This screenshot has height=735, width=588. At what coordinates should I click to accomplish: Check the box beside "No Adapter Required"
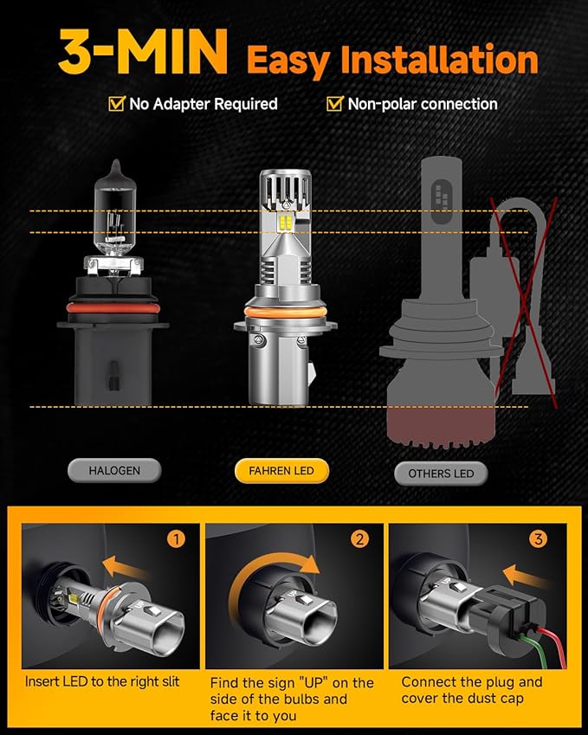point(116,104)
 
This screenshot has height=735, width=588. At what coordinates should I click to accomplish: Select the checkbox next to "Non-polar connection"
point(335,104)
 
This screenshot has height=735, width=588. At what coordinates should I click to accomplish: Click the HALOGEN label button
point(113,471)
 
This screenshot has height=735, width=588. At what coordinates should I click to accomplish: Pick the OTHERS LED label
point(441,473)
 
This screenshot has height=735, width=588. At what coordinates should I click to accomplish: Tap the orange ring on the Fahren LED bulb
point(281,311)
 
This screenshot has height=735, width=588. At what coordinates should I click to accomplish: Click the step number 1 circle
point(176,538)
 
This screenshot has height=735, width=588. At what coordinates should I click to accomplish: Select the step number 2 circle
point(359,538)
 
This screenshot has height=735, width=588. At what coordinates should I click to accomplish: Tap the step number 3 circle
point(539,538)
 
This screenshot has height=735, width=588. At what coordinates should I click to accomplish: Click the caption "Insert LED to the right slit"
point(102,681)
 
